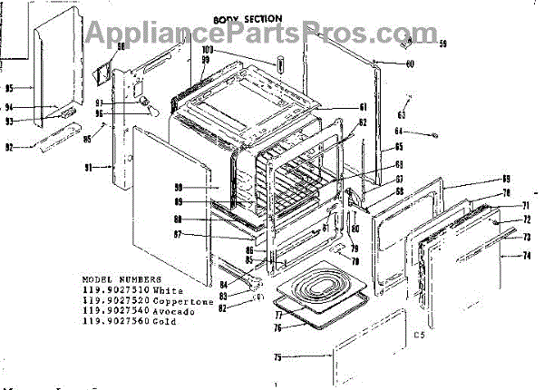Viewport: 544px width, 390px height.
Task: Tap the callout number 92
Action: pyautogui.click(x=10, y=148)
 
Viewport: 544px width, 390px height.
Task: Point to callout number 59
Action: pyautogui.click(x=443, y=44)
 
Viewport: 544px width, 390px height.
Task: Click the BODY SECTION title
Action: pyautogui.click(x=248, y=18)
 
